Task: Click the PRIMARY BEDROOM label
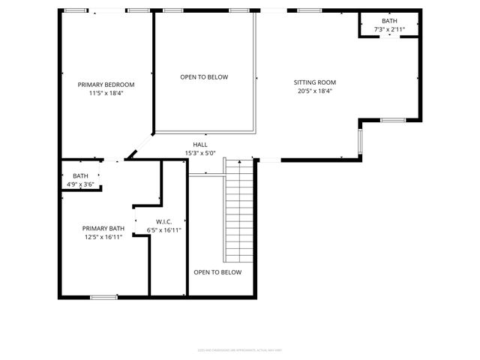(x=106, y=85)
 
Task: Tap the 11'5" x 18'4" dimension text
(x=106, y=94)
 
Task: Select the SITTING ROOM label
(x=314, y=82)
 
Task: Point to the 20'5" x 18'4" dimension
(x=314, y=91)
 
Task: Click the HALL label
(x=200, y=145)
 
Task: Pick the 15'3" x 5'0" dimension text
(x=200, y=153)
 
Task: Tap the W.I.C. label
(x=163, y=221)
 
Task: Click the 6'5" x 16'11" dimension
(x=163, y=230)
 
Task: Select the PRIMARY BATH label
(x=103, y=228)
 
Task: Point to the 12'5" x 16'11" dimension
(x=103, y=237)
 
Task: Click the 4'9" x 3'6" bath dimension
(x=80, y=184)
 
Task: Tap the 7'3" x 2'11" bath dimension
(x=389, y=29)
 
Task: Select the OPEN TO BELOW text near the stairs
(x=217, y=272)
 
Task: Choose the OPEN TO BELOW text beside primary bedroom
(x=204, y=77)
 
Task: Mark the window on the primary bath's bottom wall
(x=103, y=297)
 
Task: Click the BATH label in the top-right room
(x=389, y=21)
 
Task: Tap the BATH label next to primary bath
(x=80, y=175)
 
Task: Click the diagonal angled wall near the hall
(x=140, y=147)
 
